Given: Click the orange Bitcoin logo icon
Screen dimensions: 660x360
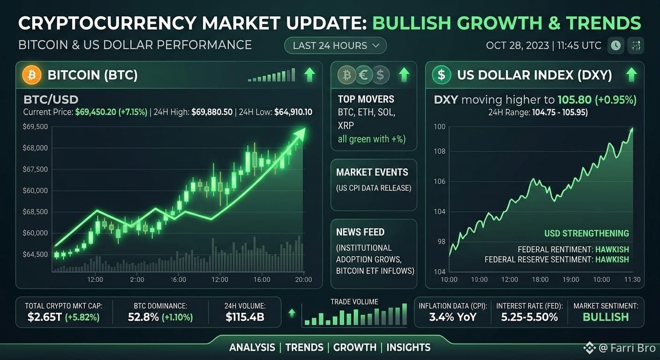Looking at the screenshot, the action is coord(31,75).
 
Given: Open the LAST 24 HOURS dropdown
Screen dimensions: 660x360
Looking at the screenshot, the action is coord(335,45).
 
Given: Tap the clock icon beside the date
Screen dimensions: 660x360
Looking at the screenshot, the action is coord(615,45).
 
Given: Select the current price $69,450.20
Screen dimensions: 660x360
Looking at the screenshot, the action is coord(96,112).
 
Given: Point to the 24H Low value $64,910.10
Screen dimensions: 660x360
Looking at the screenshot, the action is coord(293,112).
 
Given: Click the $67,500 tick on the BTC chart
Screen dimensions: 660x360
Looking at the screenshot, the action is coord(35,169).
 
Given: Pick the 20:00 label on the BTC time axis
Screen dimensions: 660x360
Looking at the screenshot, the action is coord(303,279).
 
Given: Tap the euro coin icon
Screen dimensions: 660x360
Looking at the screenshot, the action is coord(364,75).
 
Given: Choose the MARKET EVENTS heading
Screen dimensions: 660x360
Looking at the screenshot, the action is coord(372,172).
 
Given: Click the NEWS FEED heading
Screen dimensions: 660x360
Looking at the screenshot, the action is coord(360,232).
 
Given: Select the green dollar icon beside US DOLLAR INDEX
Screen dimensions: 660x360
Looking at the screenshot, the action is coord(442,75).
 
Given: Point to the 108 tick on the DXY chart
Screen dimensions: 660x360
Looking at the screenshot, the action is coord(439,151).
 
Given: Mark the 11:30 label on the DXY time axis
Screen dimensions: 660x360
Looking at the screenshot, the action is coord(632,279).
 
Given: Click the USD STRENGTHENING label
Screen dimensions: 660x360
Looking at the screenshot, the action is coord(586,233).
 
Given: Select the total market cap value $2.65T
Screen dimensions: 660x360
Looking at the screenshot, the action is coord(45,317).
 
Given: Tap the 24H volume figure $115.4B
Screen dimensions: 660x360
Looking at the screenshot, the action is coord(245,317).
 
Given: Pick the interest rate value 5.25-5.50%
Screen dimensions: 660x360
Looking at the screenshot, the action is coord(530,317).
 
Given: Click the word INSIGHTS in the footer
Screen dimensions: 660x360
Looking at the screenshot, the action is coord(408,348).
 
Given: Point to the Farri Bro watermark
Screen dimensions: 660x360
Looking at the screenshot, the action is coord(620,348).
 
